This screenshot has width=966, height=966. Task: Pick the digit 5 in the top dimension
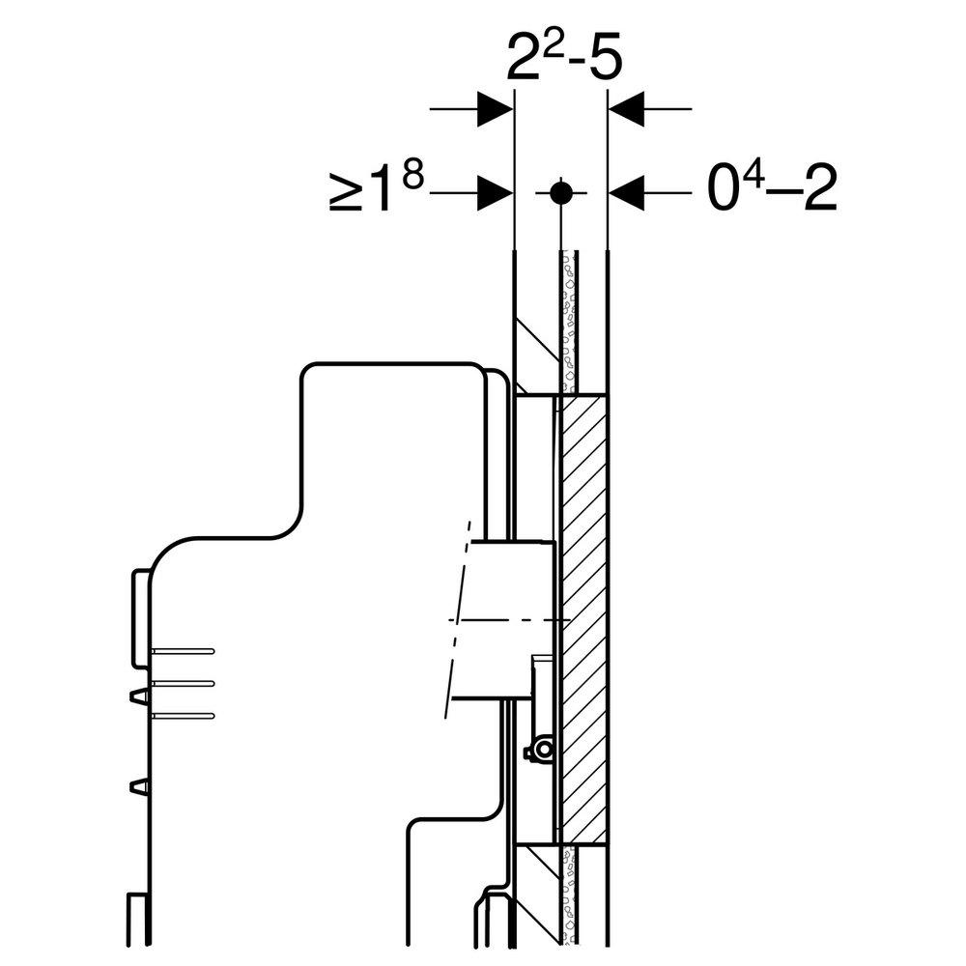point(605,60)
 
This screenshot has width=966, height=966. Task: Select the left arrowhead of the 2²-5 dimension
point(496,108)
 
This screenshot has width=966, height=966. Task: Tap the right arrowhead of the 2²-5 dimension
point(625,108)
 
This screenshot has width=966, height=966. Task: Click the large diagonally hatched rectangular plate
point(583,618)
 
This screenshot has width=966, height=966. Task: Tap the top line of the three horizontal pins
point(184,650)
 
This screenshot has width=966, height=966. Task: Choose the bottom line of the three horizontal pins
point(184,715)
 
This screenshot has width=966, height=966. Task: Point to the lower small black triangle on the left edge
point(139,785)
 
